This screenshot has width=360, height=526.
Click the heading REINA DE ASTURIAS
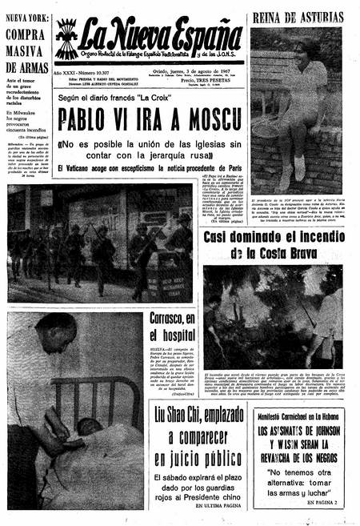[298, 17]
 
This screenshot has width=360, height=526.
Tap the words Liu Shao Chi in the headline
[190, 415]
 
